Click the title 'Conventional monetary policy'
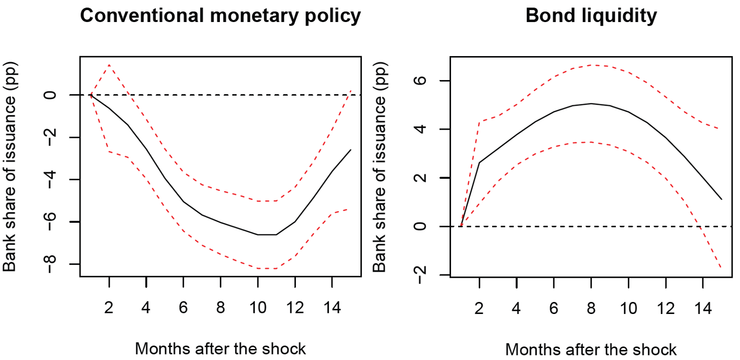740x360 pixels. click(x=220, y=16)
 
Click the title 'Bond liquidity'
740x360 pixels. click(x=591, y=16)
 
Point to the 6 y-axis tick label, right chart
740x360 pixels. click(x=421, y=81)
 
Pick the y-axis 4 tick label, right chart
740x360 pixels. click(x=421, y=129)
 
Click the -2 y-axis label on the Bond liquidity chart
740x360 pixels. click(x=421, y=275)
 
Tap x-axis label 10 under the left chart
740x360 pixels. click(x=258, y=307)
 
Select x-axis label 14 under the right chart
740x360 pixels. click(x=703, y=308)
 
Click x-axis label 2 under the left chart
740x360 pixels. click(x=109, y=307)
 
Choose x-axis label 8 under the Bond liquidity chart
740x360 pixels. click(x=591, y=308)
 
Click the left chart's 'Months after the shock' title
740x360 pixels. click(x=220, y=349)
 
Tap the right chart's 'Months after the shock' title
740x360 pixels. click(x=591, y=349)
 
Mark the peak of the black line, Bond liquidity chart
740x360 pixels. click(x=591, y=104)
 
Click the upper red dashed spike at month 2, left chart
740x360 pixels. click(x=109, y=65)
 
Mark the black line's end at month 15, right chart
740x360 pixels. click(x=721, y=199)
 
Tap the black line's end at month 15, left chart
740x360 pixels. click(x=351, y=150)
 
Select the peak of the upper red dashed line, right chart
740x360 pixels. click(x=591, y=65)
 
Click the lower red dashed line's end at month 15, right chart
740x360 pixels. click(x=721, y=267)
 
